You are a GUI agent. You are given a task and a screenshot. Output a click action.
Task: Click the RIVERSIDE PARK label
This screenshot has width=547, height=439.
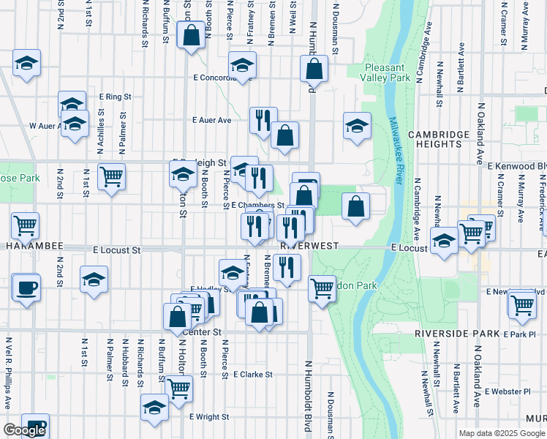456,334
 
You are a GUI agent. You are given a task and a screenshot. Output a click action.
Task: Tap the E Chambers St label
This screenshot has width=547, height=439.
257,206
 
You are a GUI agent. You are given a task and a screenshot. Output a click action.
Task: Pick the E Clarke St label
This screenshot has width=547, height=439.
253,374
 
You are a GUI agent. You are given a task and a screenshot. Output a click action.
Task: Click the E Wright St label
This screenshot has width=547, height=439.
209,417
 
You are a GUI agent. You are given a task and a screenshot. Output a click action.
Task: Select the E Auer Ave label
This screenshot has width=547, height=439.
211,120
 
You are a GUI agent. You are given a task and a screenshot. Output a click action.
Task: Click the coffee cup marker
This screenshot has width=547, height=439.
26,287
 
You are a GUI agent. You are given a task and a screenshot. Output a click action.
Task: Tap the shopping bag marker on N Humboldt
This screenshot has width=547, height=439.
314,69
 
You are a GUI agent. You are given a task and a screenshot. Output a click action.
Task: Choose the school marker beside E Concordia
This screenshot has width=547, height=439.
243,66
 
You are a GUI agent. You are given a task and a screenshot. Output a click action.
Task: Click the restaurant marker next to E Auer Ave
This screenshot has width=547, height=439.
263,119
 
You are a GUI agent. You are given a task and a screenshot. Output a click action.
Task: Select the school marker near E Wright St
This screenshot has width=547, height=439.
154,408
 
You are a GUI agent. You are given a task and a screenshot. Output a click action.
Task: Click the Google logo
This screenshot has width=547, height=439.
24,430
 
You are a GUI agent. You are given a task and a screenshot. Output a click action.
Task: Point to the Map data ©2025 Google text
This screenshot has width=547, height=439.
502,433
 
